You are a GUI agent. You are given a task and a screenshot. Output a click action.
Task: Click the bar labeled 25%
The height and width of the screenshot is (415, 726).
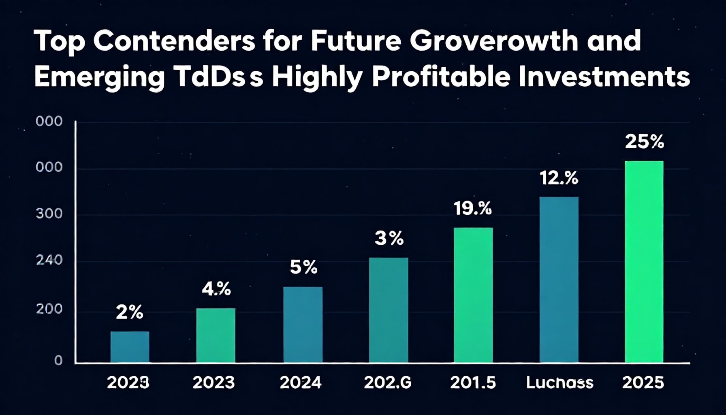click(x=644, y=261)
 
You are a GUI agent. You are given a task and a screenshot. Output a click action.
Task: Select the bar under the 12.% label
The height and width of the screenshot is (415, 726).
click(x=559, y=280)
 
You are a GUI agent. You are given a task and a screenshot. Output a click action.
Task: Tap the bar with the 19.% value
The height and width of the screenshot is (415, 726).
click(x=473, y=295)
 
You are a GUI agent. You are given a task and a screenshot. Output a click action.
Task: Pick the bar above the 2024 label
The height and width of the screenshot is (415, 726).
click(x=303, y=324)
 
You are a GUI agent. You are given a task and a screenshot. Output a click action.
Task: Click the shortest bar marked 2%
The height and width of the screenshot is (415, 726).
click(x=130, y=347)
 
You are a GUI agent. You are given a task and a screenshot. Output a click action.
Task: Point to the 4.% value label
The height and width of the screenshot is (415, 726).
click(x=216, y=289)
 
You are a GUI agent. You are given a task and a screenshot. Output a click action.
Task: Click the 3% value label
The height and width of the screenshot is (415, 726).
click(x=389, y=239)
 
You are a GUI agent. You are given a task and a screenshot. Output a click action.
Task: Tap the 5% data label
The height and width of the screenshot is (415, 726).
click(x=303, y=267)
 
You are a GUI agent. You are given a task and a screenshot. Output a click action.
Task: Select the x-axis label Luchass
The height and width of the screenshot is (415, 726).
click(x=559, y=383)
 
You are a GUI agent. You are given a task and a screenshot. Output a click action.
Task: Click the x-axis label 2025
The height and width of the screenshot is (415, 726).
click(x=643, y=383)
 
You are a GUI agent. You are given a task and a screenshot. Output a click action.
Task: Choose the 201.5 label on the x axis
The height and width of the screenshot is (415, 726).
click(x=473, y=383)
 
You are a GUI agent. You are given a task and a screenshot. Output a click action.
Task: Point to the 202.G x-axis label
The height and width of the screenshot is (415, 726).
click(x=387, y=383)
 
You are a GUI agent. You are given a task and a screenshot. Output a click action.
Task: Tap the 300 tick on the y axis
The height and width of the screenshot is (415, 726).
click(x=49, y=214)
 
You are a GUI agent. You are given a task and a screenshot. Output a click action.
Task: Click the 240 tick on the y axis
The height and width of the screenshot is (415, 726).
click(x=49, y=260)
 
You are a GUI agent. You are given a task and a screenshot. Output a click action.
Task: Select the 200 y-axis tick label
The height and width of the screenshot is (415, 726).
click(x=49, y=309)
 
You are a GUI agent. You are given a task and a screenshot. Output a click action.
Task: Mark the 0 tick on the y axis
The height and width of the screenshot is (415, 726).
click(x=58, y=360)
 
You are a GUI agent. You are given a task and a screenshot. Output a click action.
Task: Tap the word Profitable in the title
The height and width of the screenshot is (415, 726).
click(x=441, y=77)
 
